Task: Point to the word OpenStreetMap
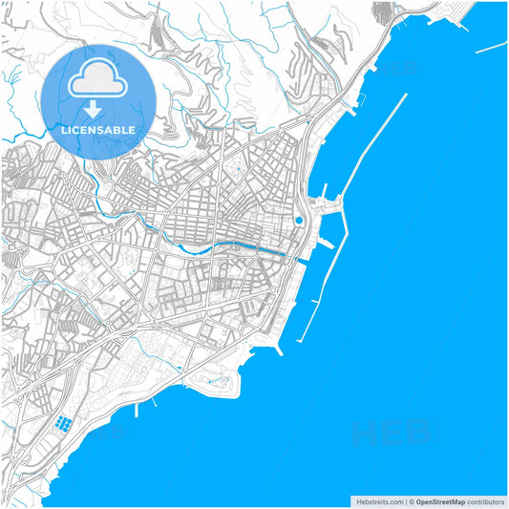coord(440,500)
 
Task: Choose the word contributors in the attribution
coord(485,500)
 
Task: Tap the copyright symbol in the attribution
coord(412,500)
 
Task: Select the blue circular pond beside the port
coord(299,221)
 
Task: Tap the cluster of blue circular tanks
coord(64,422)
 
